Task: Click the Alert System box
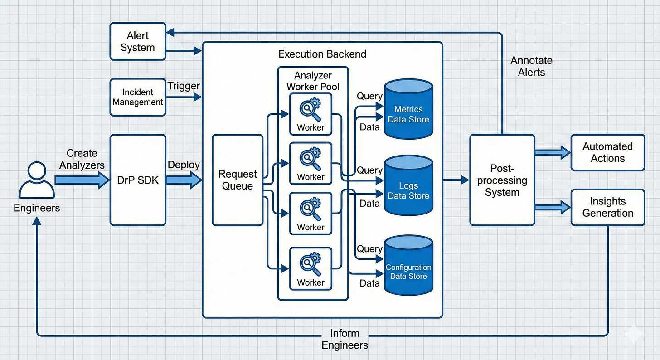tap(138, 42)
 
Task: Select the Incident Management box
tap(138, 97)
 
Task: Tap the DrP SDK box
tap(138, 180)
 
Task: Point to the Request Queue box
tap(238, 180)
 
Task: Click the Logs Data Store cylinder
tap(408, 186)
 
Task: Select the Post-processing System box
tap(502, 180)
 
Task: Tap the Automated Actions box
tap(607, 152)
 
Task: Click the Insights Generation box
tap(607, 207)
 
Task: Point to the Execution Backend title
tap(322, 54)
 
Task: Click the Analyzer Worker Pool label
tap(313, 80)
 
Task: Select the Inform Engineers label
tap(345, 339)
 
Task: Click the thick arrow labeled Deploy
tap(184, 180)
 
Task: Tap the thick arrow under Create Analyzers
tap(82, 180)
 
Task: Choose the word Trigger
tap(183, 85)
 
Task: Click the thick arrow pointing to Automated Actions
tap(553, 153)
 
